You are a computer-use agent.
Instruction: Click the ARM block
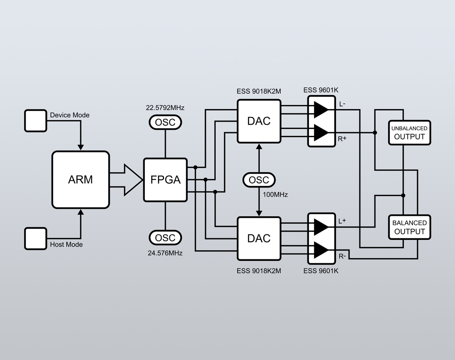point(80,180)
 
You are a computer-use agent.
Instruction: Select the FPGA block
point(165,180)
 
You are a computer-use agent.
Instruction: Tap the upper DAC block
point(259,121)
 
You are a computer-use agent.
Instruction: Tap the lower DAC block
point(259,238)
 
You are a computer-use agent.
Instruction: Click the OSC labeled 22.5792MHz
point(165,122)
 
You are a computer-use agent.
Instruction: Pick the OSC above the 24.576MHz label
point(165,238)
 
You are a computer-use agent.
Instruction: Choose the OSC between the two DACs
point(259,180)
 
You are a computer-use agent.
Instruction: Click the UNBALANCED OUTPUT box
point(409,133)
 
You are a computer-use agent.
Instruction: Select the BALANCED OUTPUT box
point(409,227)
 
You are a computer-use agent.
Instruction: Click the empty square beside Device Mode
point(36,121)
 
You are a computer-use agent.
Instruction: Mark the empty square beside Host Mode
point(36,238)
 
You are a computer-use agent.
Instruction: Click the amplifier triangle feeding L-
point(320,110)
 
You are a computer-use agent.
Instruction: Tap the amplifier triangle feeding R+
point(320,133)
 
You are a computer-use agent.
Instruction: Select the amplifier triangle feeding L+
point(320,227)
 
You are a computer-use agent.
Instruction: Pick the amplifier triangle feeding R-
point(320,250)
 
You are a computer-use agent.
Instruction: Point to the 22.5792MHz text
point(165,108)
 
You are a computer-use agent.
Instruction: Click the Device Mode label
point(70,115)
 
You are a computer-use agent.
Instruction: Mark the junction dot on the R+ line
point(375,133)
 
